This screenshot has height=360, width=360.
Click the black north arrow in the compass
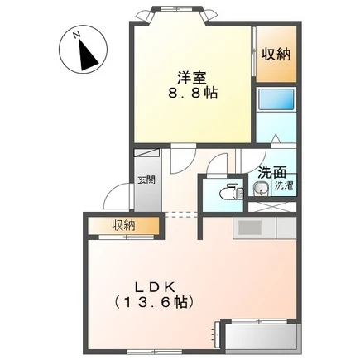coord(87,55)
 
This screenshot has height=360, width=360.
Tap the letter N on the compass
coord(76,35)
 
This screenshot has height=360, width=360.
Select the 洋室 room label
coord(192,78)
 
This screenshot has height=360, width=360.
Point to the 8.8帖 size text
coord(192,94)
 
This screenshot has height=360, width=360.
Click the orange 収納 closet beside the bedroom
coord(276,54)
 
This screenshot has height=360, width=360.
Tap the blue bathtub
coord(276,99)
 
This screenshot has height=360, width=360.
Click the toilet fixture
coord(231,191)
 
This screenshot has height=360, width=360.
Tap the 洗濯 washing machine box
coord(284,185)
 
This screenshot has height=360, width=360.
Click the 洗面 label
coord(271,173)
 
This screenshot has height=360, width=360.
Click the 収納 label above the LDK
coord(123,225)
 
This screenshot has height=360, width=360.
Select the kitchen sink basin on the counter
coord(250,228)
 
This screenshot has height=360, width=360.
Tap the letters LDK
coord(155,288)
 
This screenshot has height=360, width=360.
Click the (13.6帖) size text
coord(153,303)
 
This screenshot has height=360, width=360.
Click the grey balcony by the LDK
coord(262,337)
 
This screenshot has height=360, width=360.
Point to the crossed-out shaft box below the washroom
coord(272,207)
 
